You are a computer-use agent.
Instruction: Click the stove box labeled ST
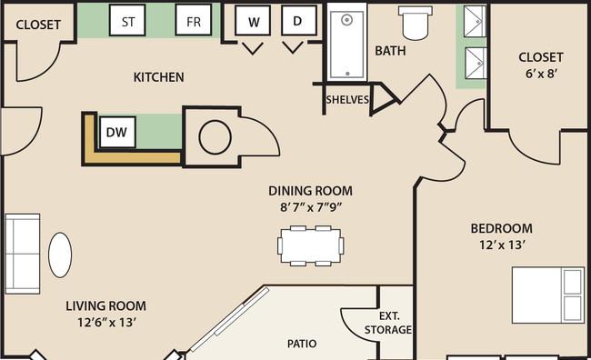[127, 20]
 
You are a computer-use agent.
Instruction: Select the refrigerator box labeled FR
[194, 20]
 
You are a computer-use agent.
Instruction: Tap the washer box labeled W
[253, 20]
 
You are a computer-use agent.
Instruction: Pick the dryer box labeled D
[298, 20]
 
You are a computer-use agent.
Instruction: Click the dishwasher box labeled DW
[117, 133]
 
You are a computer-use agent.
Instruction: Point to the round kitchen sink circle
[215, 137]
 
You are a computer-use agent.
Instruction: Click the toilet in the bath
[416, 23]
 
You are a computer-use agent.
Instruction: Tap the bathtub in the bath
[347, 42]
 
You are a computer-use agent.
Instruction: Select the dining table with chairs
[311, 245]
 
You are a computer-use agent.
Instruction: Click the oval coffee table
[60, 255]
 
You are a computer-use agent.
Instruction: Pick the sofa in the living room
[22, 254]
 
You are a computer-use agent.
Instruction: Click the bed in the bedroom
[548, 295]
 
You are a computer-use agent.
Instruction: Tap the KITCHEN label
[159, 77]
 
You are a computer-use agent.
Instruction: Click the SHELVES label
[347, 100]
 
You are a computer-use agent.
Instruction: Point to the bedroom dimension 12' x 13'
[502, 245]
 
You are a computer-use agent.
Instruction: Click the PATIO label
[302, 344]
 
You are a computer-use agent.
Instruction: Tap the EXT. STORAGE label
[388, 323]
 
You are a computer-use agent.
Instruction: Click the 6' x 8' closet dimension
[542, 74]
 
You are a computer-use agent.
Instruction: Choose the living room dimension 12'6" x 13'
[106, 323]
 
